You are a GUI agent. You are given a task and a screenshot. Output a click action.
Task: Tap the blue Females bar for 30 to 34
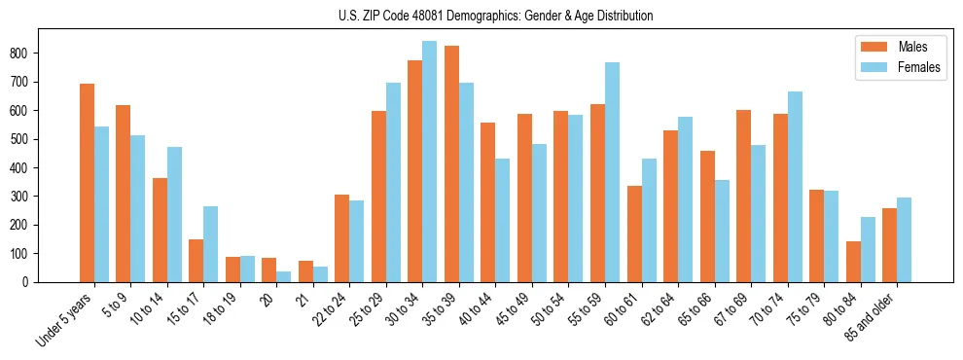point(429,162)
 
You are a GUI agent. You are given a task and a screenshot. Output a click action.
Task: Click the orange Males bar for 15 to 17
point(196,261)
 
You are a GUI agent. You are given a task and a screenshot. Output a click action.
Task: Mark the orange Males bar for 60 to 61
point(634,234)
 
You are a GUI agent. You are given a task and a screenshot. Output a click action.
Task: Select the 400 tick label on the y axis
point(50,167)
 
